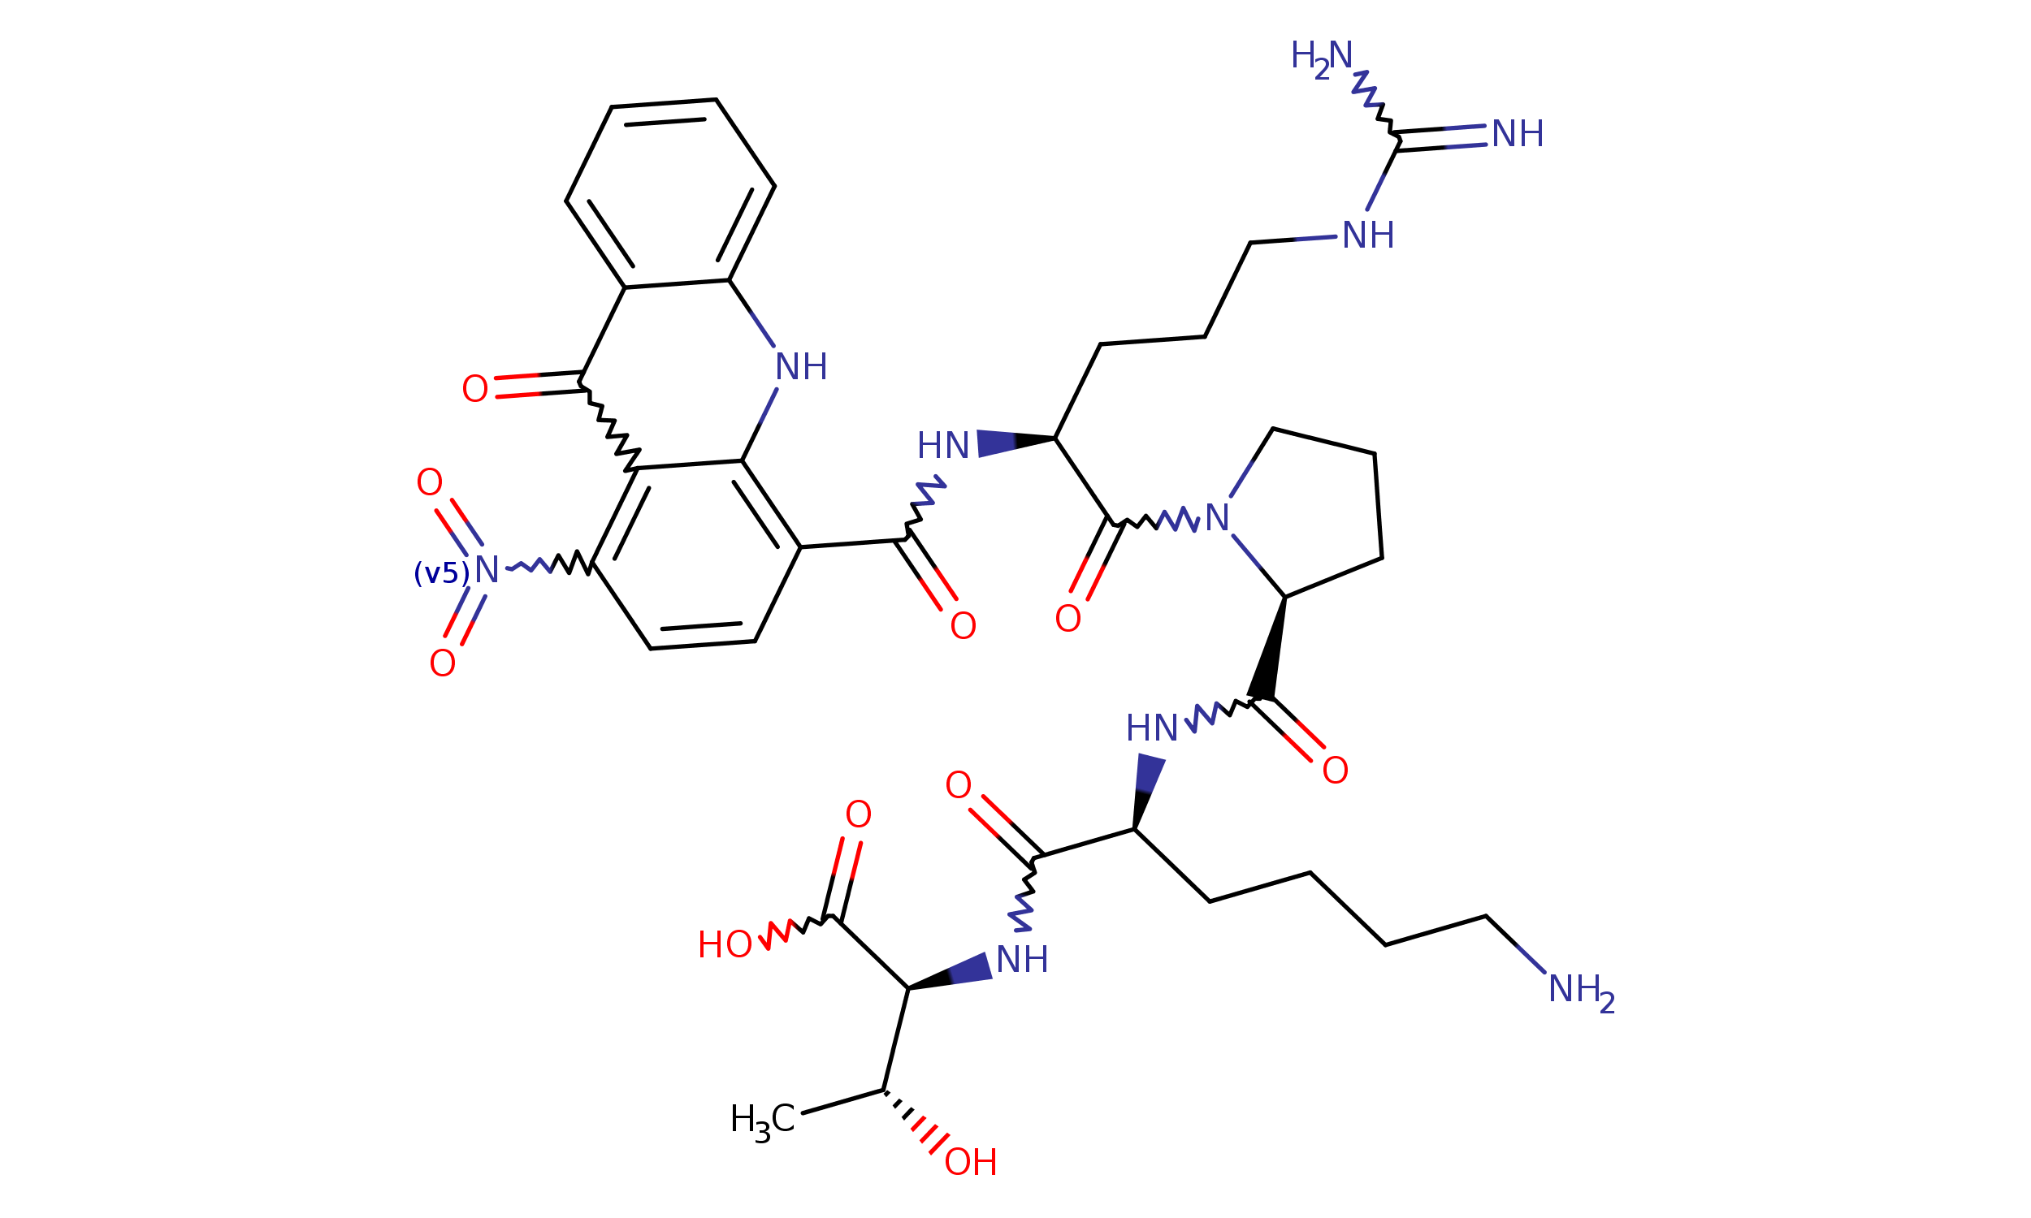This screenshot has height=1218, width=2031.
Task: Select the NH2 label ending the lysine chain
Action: point(1580,990)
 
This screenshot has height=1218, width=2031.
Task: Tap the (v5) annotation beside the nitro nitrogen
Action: point(442,573)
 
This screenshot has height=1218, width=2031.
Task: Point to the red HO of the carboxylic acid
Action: point(724,945)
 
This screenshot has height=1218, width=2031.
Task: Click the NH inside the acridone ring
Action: point(800,367)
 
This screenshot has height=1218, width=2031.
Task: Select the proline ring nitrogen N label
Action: point(1216,518)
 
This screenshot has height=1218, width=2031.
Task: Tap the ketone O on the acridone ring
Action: point(474,389)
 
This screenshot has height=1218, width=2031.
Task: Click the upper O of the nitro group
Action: point(429,482)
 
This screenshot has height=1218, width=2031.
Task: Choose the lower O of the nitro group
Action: point(443,663)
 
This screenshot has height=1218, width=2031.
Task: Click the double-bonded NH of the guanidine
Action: point(1517,134)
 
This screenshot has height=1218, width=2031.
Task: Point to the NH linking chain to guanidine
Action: point(1368,236)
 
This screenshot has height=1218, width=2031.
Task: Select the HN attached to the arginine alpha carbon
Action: point(943,447)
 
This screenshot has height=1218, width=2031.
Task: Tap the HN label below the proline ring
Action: point(1152,728)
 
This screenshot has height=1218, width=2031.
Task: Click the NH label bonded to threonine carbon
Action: point(1022,960)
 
